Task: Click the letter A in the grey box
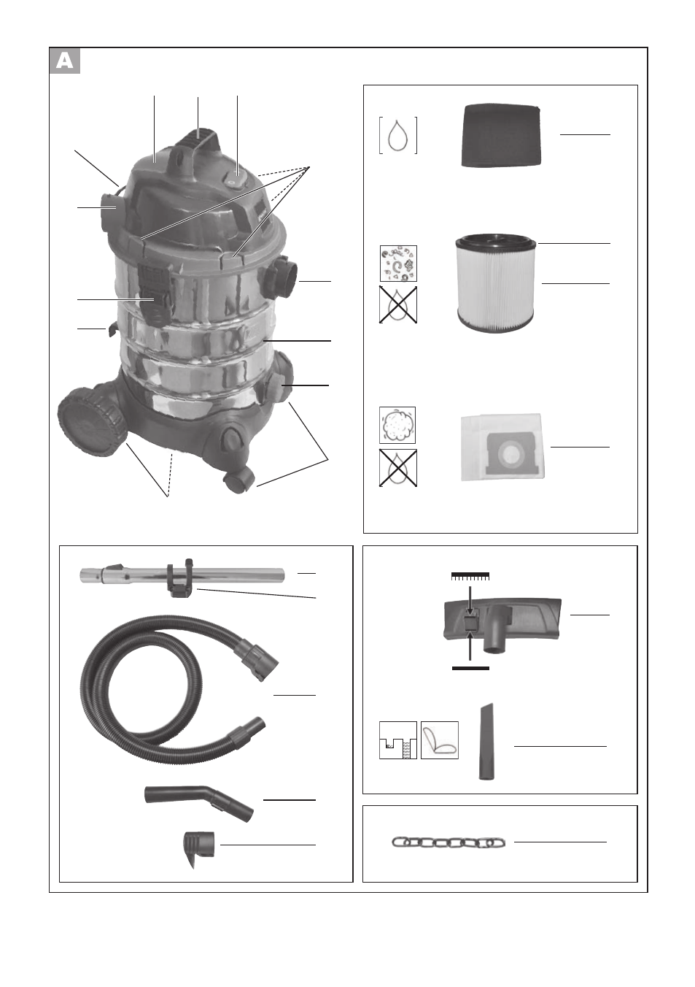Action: tap(65, 61)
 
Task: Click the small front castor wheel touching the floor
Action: tap(239, 481)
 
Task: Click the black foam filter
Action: tap(501, 135)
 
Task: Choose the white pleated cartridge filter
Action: tap(496, 283)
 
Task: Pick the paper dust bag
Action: tap(502, 447)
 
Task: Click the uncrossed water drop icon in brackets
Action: tap(398, 135)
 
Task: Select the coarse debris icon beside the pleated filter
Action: tap(398, 264)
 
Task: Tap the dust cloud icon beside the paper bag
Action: tap(397, 425)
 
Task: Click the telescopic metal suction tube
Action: tap(182, 575)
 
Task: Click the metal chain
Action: tap(449, 842)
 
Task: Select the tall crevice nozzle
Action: tap(486, 742)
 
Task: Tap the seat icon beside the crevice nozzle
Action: tap(440, 740)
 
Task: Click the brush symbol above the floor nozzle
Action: tap(470, 576)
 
